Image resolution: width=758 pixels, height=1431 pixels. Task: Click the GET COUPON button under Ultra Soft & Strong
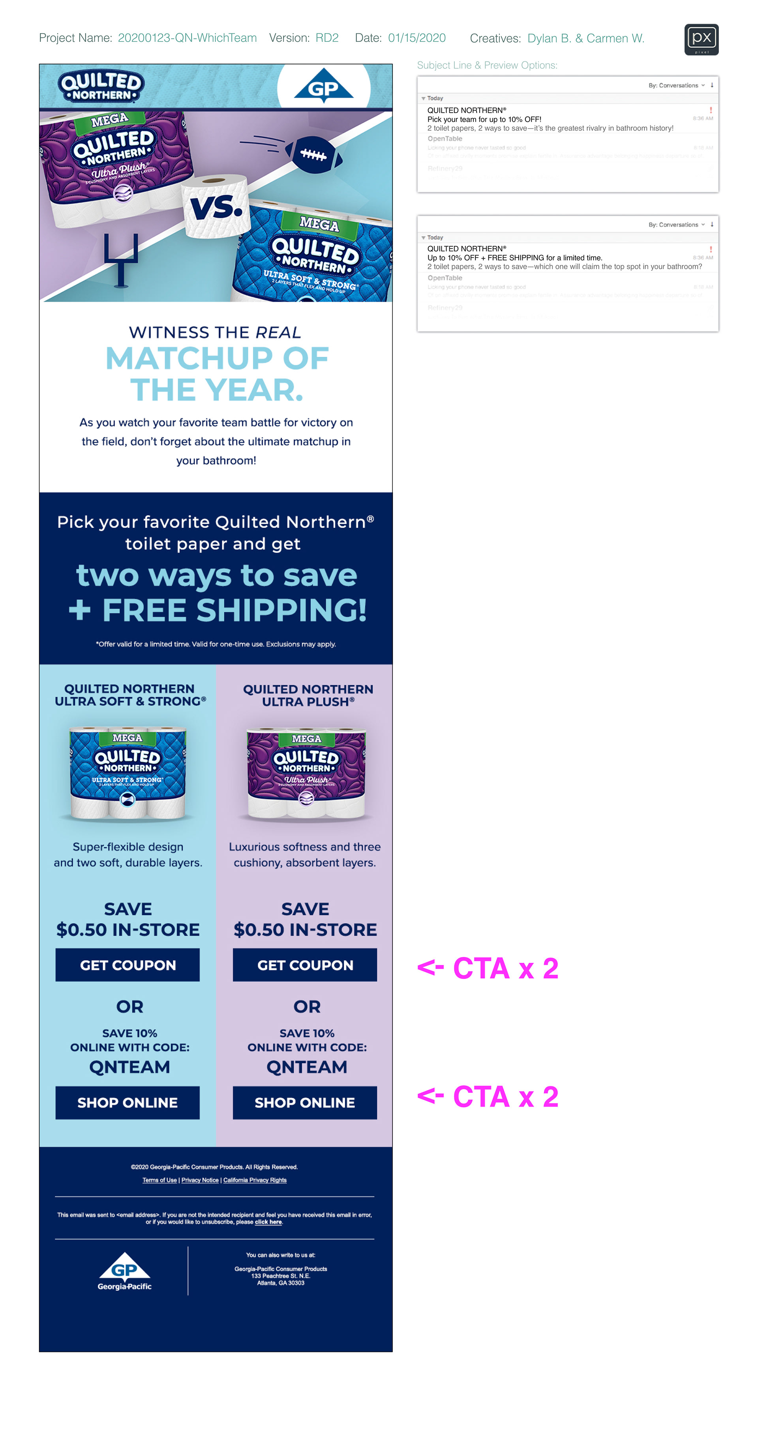coord(127,964)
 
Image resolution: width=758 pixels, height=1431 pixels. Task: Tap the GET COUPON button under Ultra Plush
coord(304,964)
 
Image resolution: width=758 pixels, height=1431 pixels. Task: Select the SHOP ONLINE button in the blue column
coord(127,1102)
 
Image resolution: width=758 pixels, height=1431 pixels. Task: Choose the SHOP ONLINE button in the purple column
coord(304,1102)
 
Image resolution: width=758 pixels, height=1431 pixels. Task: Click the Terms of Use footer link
coord(159,1180)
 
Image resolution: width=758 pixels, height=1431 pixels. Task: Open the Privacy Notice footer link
coord(199,1180)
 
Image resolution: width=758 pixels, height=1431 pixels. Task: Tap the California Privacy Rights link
coord(255,1180)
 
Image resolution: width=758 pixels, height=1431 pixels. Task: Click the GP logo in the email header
coord(323,87)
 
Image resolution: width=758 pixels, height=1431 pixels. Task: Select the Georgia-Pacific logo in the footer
coord(124,1272)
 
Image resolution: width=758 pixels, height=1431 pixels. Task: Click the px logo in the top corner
coord(701,39)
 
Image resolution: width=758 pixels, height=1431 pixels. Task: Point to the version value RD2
coord(327,38)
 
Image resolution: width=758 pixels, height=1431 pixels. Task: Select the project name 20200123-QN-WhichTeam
coord(187,38)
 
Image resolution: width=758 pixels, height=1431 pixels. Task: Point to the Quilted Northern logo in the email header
coord(101,86)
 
